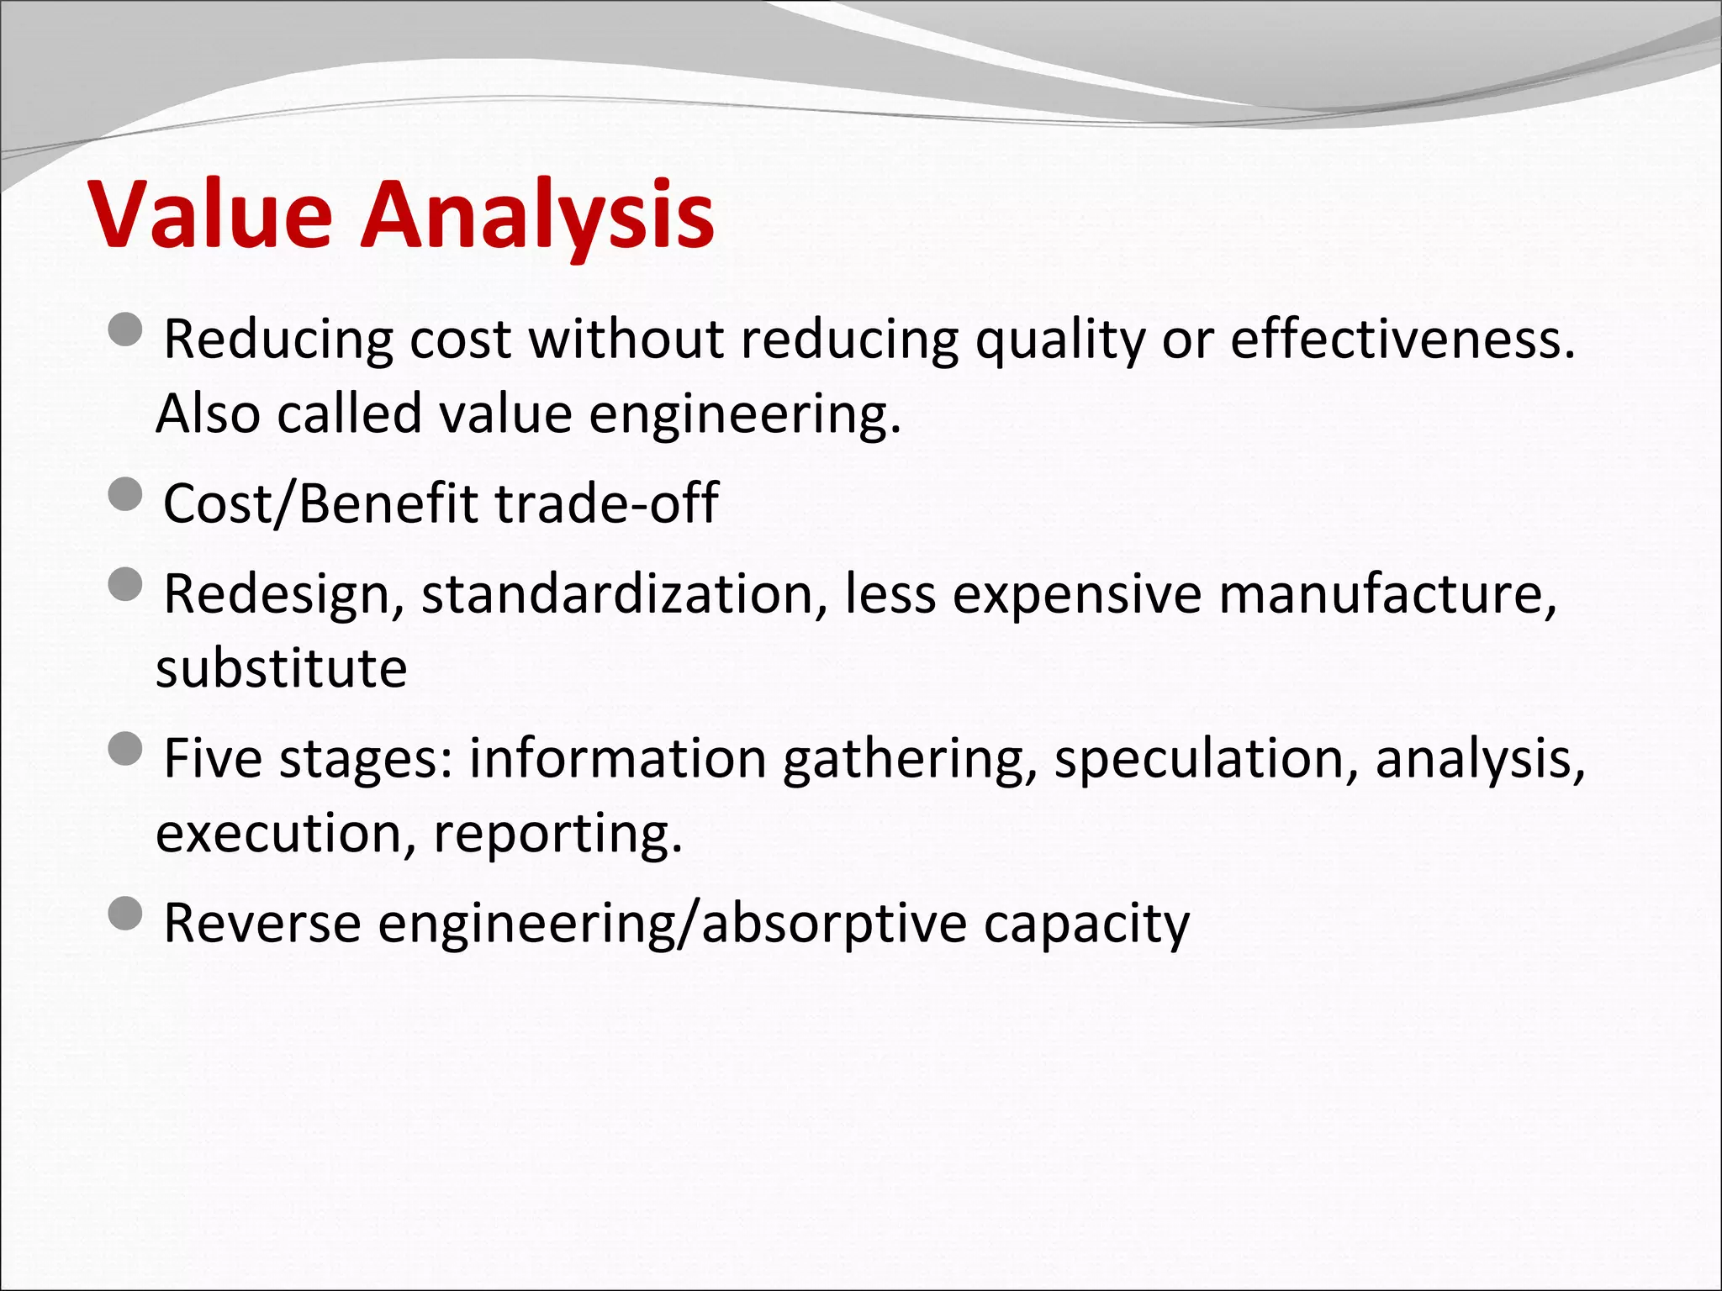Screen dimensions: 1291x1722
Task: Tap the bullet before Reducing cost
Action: point(126,329)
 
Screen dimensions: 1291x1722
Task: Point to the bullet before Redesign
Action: point(126,583)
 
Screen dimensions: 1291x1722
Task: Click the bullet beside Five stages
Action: point(126,748)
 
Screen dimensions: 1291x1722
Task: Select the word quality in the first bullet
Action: point(1060,340)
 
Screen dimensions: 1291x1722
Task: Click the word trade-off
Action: point(605,503)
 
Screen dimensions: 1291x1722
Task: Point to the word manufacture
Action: point(1387,593)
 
